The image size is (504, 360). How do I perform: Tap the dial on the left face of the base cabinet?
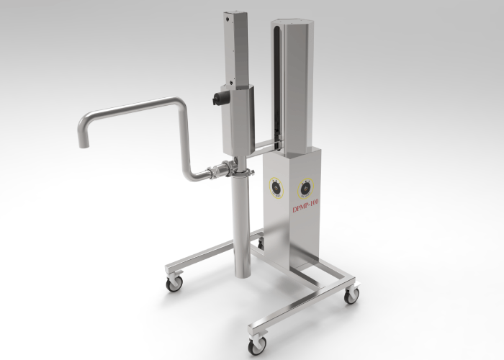point(276,186)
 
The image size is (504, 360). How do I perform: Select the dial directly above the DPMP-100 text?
point(305,189)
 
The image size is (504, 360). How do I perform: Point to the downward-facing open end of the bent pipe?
point(84,143)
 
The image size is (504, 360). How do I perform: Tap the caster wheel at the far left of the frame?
point(174,284)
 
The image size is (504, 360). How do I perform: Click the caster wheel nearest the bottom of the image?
point(256,346)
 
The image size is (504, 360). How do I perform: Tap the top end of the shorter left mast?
point(235,14)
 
